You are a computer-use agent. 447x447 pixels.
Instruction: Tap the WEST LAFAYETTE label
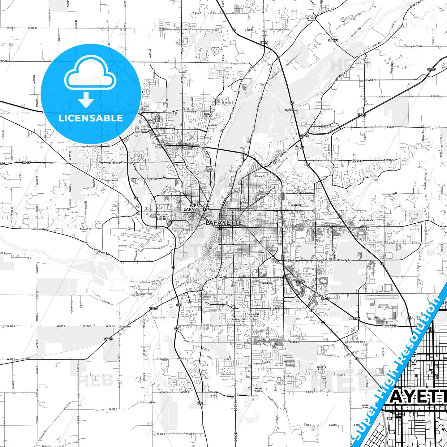195,208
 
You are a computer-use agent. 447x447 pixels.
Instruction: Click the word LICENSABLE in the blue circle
91,118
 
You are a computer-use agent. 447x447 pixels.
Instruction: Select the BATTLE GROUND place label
311,19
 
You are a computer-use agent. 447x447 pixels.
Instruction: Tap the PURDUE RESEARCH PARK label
158,119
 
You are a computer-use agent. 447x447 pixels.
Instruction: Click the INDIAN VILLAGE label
208,115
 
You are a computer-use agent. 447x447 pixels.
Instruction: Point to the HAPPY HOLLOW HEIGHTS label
209,169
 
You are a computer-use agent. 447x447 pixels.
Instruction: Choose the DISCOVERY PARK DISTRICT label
163,217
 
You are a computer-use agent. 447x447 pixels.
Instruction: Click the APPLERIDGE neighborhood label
112,180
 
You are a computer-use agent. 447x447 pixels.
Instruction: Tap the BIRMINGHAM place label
291,110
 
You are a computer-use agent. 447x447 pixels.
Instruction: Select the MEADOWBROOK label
366,220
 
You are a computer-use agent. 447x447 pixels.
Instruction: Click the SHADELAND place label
124,327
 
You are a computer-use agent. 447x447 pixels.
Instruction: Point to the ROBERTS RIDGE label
321,368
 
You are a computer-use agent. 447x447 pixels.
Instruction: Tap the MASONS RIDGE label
258,390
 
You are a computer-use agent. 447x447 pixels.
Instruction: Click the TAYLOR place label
151,403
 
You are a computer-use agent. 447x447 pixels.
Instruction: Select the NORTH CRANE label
365,406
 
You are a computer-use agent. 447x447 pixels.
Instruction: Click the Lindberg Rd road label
116,162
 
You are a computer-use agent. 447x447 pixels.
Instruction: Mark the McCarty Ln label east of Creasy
344,260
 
